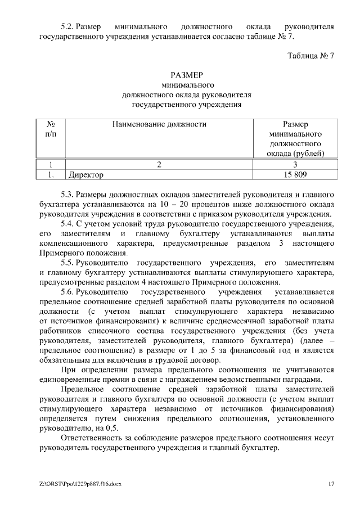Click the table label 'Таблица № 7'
(310, 56)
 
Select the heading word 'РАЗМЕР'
(186, 75)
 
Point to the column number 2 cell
(159, 165)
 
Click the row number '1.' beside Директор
(51, 175)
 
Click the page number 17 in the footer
(331, 484)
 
